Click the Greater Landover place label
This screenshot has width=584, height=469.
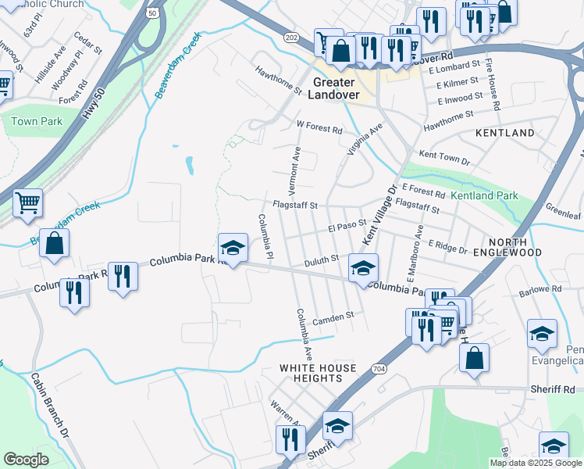337,88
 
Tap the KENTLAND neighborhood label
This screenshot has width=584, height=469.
505,133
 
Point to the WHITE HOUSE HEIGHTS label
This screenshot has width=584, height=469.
318,373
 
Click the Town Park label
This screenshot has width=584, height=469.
36,122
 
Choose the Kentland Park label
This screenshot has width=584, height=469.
484,195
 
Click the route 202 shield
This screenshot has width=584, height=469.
291,38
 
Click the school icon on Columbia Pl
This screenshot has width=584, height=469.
232,248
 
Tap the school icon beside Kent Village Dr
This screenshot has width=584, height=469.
363,268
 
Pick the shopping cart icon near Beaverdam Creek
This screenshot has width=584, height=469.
28,203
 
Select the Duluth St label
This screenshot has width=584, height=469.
321,258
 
